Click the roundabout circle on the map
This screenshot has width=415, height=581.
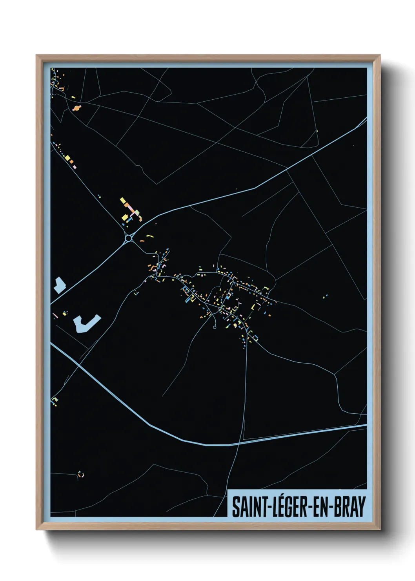click(129, 238)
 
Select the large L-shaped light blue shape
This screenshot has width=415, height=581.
click(86, 324)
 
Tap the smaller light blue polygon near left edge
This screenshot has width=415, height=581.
click(59, 285)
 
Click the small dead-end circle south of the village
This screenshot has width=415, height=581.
click(215, 327)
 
